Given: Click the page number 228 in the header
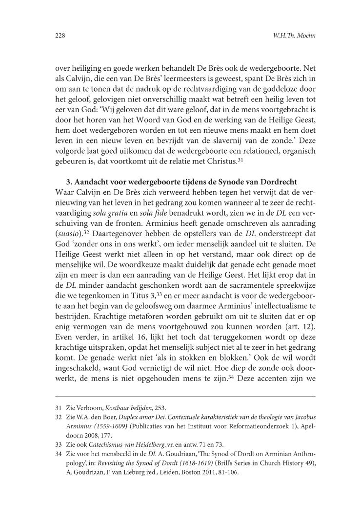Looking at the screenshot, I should [60, 36].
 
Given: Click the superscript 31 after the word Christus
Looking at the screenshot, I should [240, 160].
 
